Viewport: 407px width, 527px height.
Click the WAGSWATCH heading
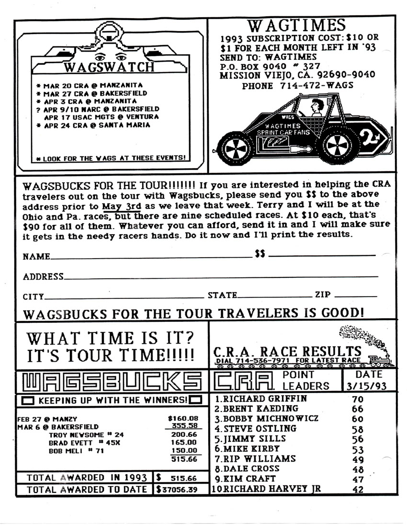pyautogui.click(x=109, y=67)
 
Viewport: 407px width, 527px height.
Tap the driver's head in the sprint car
pyautogui.click(x=317, y=105)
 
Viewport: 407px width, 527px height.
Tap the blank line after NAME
pyautogui.click(x=151, y=258)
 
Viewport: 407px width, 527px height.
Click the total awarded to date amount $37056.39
pyautogui.click(x=181, y=490)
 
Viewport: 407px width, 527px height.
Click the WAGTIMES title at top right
pyautogui.click(x=297, y=25)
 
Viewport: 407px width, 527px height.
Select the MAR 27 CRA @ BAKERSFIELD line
pyautogui.click(x=95, y=93)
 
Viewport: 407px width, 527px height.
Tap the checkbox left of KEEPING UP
pyautogui.click(x=28, y=400)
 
